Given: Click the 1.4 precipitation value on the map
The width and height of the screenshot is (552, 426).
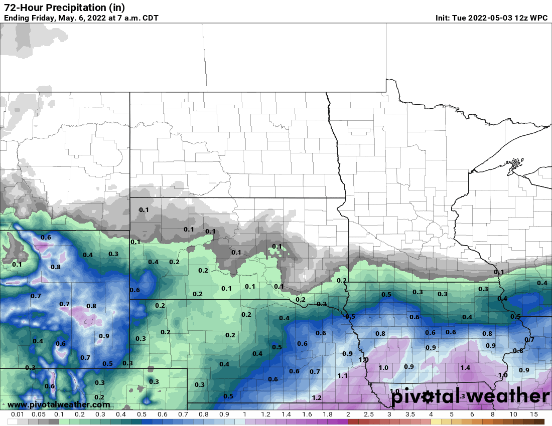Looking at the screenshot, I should click(465, 368).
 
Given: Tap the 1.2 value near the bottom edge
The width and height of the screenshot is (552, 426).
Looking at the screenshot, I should click(317, 398).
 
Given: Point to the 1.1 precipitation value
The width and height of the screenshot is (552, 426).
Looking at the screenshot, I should click(343, 375).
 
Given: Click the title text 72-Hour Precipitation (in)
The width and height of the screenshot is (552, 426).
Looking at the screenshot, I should click(64, 8).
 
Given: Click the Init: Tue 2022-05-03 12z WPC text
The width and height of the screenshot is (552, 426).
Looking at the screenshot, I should click(491, 18).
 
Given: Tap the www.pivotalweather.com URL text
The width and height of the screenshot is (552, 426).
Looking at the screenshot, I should click(59, 404).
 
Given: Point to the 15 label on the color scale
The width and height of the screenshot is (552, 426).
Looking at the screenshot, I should click(533, 415).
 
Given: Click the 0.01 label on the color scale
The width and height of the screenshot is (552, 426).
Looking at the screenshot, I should click(18, 415).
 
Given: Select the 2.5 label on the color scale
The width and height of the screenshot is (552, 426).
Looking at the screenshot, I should click(368, 415).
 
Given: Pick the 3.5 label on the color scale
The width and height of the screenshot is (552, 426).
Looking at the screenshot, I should click(410, 415).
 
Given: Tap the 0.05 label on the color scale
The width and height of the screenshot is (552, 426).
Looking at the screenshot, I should click(38, 415).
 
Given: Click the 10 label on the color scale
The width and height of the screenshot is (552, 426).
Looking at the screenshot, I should click(513, 415).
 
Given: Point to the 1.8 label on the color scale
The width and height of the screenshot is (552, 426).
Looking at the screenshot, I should click(327, 415).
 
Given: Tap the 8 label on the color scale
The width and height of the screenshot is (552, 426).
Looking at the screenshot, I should click(492, 415).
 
